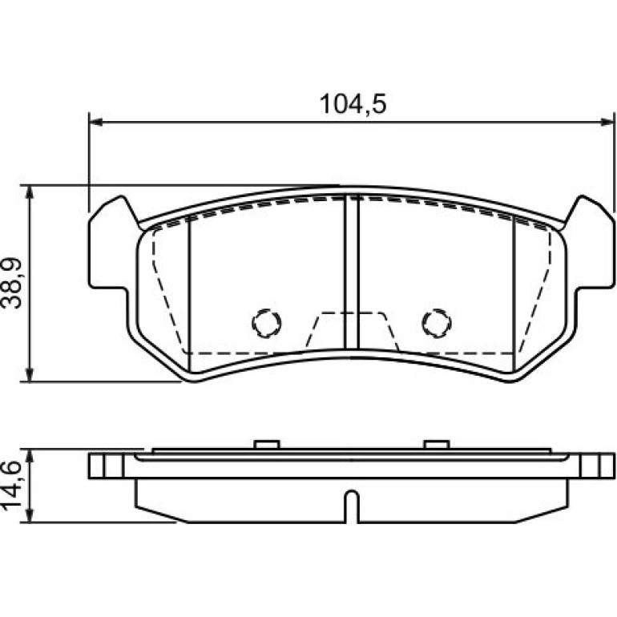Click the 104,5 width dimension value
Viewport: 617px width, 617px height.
point(353,104)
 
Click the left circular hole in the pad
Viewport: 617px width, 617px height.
point(267,323)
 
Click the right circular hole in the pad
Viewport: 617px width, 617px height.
point(437,323)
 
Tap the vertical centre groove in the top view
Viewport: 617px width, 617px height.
point(352,272)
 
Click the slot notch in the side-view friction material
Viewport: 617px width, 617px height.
point(352,506)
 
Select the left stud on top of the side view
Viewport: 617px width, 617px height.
point(267,444)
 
